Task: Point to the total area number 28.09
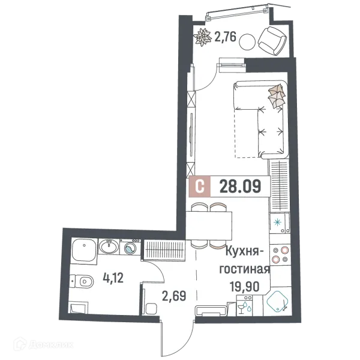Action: pos(240,187)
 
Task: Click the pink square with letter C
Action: pos(200,187)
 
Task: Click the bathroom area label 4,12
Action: pos(113,277)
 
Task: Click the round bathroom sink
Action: pos(109,247)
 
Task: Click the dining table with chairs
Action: pos(209,226)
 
